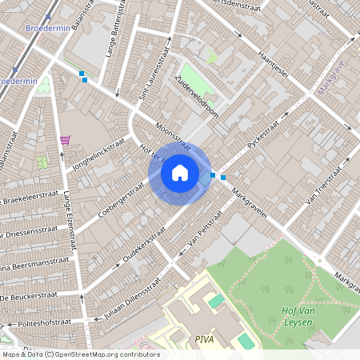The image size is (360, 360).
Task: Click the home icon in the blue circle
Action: [x=180, y=173]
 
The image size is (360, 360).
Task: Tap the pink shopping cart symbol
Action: [x=65, y=139]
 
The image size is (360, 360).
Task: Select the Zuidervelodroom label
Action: [x=196, y=102]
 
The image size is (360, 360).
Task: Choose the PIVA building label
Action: [x=204, y=339]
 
